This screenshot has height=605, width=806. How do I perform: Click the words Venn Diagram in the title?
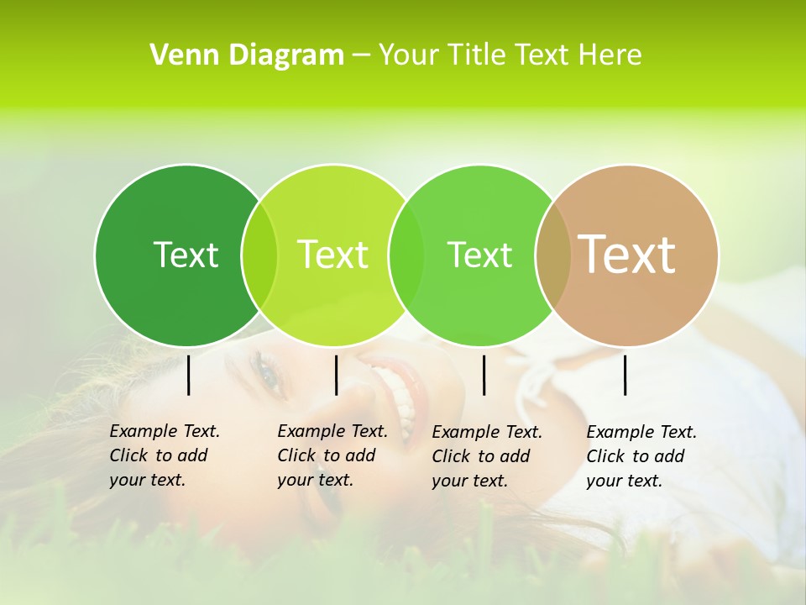point(247,55)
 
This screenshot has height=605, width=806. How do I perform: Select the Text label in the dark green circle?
point(186,255)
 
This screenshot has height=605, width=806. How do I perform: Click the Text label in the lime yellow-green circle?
point(332,255)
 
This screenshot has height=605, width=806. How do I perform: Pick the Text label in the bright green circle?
point(479,255)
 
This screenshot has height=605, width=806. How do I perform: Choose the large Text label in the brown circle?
point(627,255)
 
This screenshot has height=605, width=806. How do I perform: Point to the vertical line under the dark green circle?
point(188,375)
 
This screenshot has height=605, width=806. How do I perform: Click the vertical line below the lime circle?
point(336,375)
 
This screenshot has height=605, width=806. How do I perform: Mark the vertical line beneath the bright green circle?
point(484,375)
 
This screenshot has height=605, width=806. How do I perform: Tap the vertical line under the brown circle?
point(625,375)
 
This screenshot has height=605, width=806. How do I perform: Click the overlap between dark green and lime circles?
point(259,255)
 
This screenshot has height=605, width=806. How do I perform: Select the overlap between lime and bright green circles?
point(406,255)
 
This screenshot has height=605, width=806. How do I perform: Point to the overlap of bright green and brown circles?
point(552,255)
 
